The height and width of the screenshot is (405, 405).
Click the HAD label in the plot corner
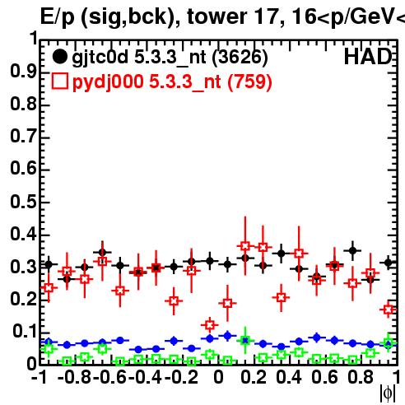click(x=368, y=57)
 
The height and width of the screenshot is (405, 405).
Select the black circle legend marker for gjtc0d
click(x=59, y=57)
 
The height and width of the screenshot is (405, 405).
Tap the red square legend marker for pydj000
click(x=59, y=81)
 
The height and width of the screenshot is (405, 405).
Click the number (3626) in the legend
click(x=240, y=58)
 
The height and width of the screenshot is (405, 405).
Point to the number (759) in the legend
click(x=249, y=81)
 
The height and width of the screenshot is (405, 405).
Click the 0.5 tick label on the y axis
click(x=23, y=202)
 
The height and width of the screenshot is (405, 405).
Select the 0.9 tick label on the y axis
click(x=23, y=72)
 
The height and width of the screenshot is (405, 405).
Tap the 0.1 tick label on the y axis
click(x=24, y=331)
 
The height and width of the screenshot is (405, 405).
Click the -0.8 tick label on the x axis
click(x=74, y=377)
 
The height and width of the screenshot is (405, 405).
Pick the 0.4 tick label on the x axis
click(x=289, y=377)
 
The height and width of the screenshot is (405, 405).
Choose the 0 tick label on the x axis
click(x=218, y=377)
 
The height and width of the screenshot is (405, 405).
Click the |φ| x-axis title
click(x=388, y=393)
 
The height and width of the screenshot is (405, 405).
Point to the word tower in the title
click(x=217, y=16)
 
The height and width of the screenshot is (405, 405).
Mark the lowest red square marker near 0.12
click(x=210, y=325)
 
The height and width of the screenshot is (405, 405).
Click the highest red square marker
click(x=245, y=246)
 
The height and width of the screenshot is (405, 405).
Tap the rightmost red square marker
click(x=389, y=310)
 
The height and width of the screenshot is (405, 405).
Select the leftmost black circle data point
click(x=49, y=265)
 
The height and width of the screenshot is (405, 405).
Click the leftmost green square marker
click(x=49, y=349)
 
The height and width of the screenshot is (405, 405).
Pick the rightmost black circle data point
click(x=389, y=263)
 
